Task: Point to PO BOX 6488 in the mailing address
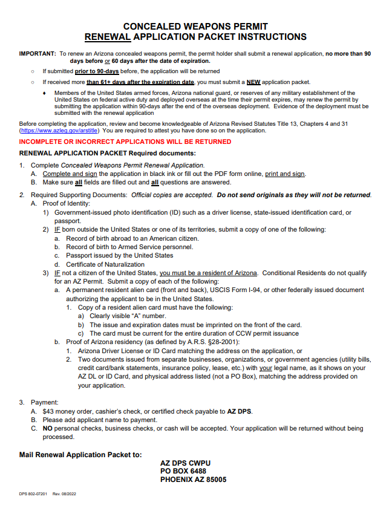(183, 471)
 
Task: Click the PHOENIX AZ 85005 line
(193, 480)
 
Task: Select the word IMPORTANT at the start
(38, 54)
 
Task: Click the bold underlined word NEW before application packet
(253, 82)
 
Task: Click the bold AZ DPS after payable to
(239, 411)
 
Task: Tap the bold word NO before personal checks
(47, 429)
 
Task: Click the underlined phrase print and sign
(285, 174)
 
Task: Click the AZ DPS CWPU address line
(185, 463)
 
